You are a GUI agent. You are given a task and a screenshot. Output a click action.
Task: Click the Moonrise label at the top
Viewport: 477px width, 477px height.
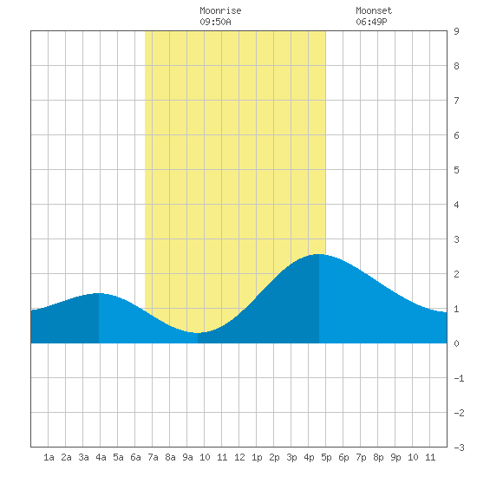click(x=220, y=10)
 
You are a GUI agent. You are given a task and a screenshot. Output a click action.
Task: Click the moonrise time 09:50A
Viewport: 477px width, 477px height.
click(x=215, y=22)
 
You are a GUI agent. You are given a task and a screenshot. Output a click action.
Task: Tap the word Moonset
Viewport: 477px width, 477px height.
click(x=374, y=10)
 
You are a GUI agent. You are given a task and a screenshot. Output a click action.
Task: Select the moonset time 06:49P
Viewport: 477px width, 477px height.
click(x=371, y=22)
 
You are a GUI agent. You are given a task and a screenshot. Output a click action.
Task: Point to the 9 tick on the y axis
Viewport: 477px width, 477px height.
click(x=456, y=31)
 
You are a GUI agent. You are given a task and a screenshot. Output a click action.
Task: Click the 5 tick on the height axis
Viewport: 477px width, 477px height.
click(x=456, y=170)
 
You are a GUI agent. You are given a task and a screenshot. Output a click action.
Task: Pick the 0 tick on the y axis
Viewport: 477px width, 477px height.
click(x=456, y=343)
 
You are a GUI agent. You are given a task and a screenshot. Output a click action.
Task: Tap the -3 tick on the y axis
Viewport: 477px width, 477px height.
click(x=459, y=448)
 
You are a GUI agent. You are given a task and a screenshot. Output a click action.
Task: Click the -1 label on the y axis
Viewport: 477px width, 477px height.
click(x=459, y=378)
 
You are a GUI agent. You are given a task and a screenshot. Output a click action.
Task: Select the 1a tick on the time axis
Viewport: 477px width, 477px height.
click(x=49, y=457)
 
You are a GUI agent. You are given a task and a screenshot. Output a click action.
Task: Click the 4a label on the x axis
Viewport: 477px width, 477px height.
click(x=101, y=457)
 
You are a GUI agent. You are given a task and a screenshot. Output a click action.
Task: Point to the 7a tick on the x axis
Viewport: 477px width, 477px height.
click(x=153, y=457)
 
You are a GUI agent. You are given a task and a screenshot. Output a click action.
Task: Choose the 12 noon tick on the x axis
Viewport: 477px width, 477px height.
click(x=239, y=457)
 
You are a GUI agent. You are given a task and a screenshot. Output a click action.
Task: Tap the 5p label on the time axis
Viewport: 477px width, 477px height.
click(x=326, y=457)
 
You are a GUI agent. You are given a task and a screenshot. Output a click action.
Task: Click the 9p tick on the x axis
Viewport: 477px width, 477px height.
click(x=395, y=457)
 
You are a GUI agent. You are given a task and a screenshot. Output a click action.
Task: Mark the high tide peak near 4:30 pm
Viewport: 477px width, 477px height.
click(x=319, y=254)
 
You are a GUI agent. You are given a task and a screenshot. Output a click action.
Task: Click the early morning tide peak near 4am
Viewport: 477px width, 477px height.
click(x=98, y=293)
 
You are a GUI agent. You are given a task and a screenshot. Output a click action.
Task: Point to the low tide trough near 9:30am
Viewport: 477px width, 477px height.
click(x=198, y=333)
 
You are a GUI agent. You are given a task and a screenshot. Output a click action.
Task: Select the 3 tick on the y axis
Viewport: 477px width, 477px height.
click(x=456, y=239)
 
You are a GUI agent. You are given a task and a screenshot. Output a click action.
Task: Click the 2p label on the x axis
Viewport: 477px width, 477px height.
click(x=274, y=457)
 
